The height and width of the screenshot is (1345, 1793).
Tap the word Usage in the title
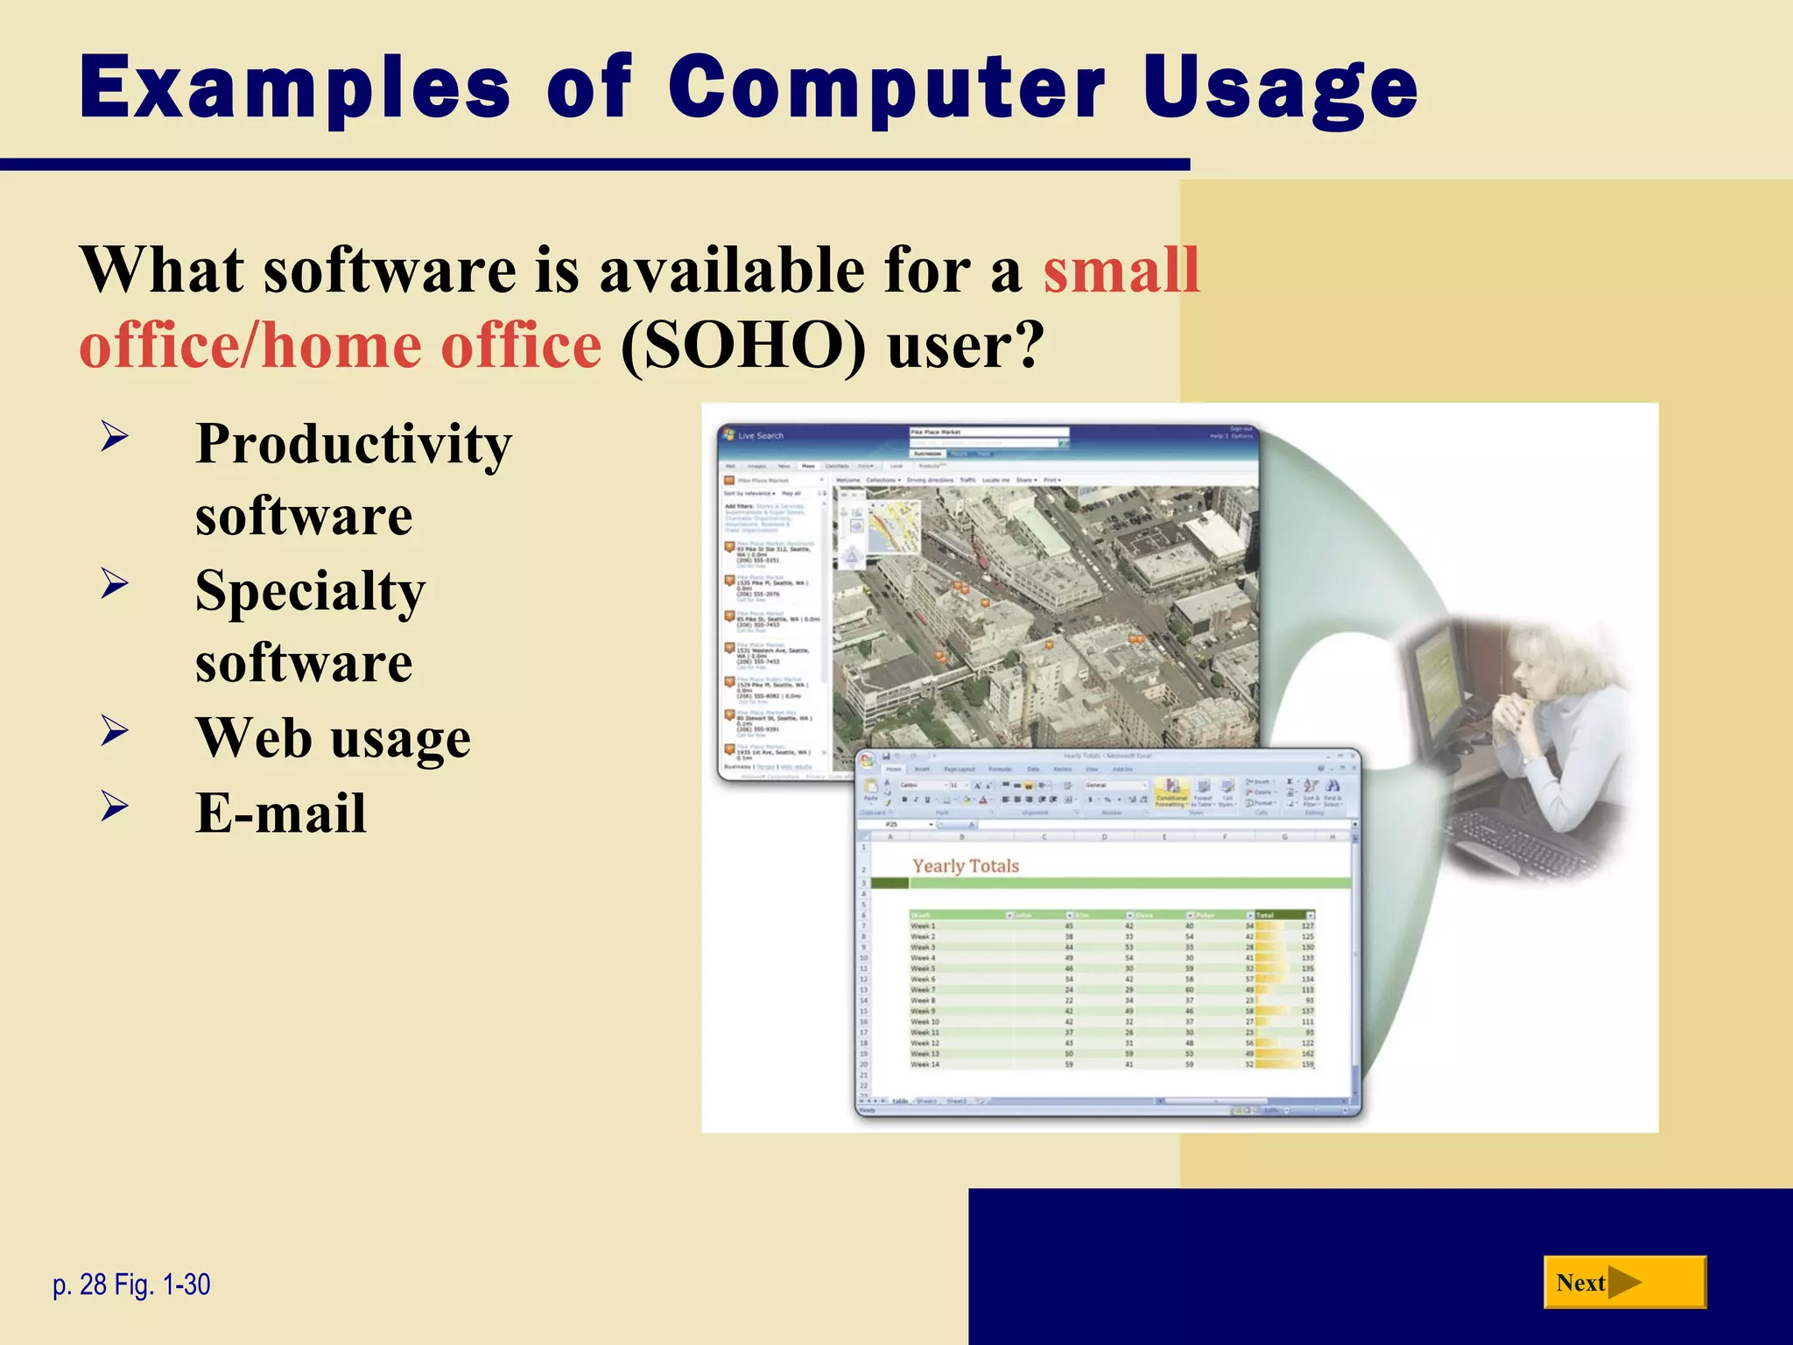[1280, 88]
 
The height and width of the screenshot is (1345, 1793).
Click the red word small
[1121, 270]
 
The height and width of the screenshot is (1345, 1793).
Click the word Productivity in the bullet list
[353, 444]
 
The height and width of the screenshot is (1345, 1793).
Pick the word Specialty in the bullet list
[310, 591]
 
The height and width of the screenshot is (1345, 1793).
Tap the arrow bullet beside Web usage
[115, 730]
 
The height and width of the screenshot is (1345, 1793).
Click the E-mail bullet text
[281, 813]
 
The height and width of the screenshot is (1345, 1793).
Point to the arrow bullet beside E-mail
[115, 806]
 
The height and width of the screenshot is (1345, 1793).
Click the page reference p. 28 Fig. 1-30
[131, 1285]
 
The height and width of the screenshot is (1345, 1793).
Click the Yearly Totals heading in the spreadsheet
[966, 866]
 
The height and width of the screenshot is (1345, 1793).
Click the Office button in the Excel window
[867, 760]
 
